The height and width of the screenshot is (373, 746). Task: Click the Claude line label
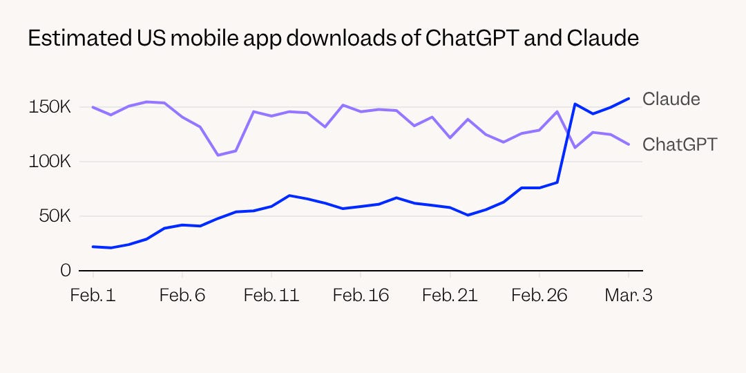[671, 99]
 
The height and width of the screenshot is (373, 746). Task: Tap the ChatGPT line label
[680, 144]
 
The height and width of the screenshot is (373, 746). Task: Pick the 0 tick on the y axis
[66, 271]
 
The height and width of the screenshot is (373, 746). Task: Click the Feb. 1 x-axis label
[93, 296]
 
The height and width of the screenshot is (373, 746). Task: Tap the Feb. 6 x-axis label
[182, 296]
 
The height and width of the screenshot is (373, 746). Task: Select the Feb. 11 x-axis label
[271, 296]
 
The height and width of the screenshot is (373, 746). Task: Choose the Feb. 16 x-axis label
[361, 296]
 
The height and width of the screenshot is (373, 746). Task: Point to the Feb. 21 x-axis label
[450, 296]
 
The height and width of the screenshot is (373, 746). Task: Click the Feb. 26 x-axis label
[539, 296]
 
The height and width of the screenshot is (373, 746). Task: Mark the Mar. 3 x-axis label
[628, 296]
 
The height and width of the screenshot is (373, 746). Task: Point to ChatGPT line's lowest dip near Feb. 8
[218, 155]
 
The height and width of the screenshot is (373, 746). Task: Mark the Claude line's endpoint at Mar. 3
[629, 98]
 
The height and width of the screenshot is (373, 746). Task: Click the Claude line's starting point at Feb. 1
[93, 247]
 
